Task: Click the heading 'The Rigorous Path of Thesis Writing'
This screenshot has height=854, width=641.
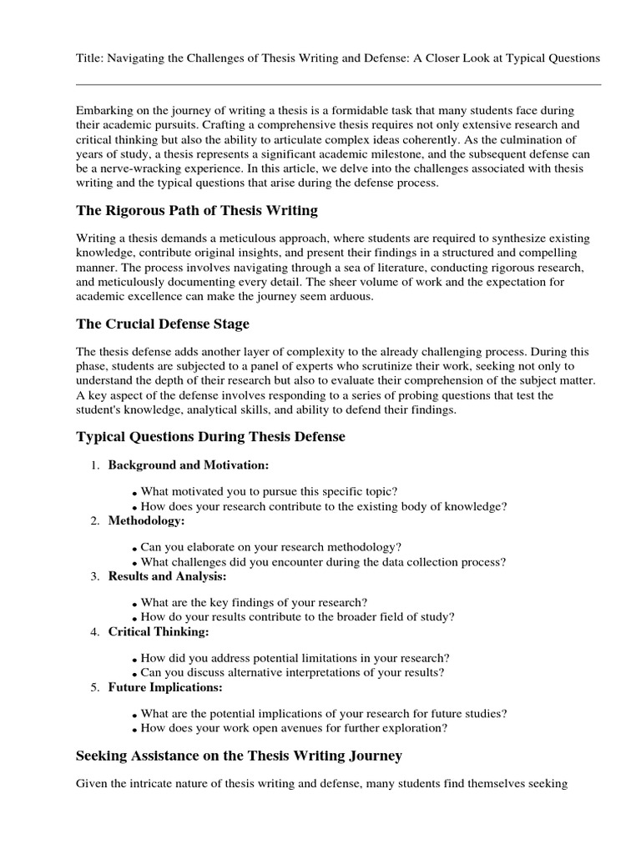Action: coord(197,210)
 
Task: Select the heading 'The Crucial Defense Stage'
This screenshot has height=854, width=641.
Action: coord(163,324)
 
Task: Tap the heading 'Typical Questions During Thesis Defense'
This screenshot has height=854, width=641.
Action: coord(210,436)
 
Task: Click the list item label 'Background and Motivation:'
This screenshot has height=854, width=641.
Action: coord(189,465)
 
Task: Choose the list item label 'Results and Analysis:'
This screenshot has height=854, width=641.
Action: coord(167,576)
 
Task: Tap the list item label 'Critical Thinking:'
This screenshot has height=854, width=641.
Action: coord(159,632)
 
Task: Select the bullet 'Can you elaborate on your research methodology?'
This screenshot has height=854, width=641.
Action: coord(271,547)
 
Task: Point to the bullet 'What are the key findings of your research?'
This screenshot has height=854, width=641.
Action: coord(254,602)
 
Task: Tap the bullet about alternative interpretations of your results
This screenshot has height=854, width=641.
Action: coord(292,672)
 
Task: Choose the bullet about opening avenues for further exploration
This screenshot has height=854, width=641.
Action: coord(294,728)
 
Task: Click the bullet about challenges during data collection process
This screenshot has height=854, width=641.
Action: coord(323,562)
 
